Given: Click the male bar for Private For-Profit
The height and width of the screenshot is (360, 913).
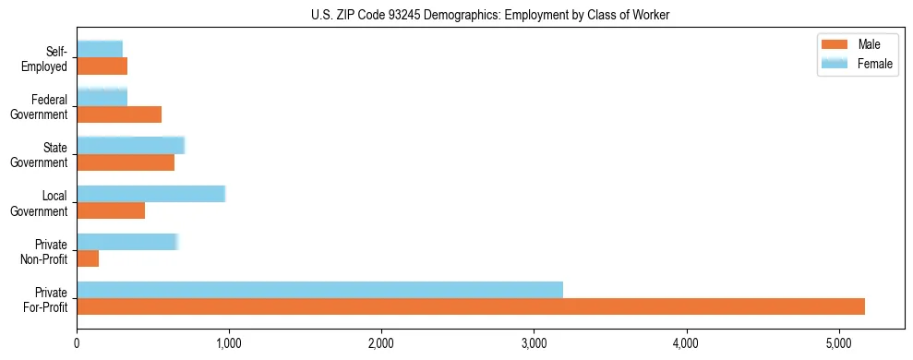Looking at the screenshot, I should [x=471, y=306].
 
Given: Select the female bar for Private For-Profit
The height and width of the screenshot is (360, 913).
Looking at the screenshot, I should [x=319, y=290].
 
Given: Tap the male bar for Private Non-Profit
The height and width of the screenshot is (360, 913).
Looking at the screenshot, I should [x=88, y=258].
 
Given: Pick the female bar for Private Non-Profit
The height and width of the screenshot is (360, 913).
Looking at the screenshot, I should [x=126, y=242].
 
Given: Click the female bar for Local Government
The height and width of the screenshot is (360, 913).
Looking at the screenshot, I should [x=150, y=194].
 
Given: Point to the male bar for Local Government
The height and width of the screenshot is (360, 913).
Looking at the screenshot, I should [x=111, y=210].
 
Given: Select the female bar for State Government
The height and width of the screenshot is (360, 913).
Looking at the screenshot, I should [x=130, y=145].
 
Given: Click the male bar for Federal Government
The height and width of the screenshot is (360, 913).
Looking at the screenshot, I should [x=119, y=114].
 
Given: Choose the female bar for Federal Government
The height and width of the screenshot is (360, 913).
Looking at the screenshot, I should [x=102, y=97].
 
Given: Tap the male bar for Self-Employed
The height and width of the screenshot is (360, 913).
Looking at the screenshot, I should [x=102, y=66].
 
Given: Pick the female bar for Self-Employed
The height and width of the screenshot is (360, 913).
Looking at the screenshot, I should [x=100, y=49].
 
